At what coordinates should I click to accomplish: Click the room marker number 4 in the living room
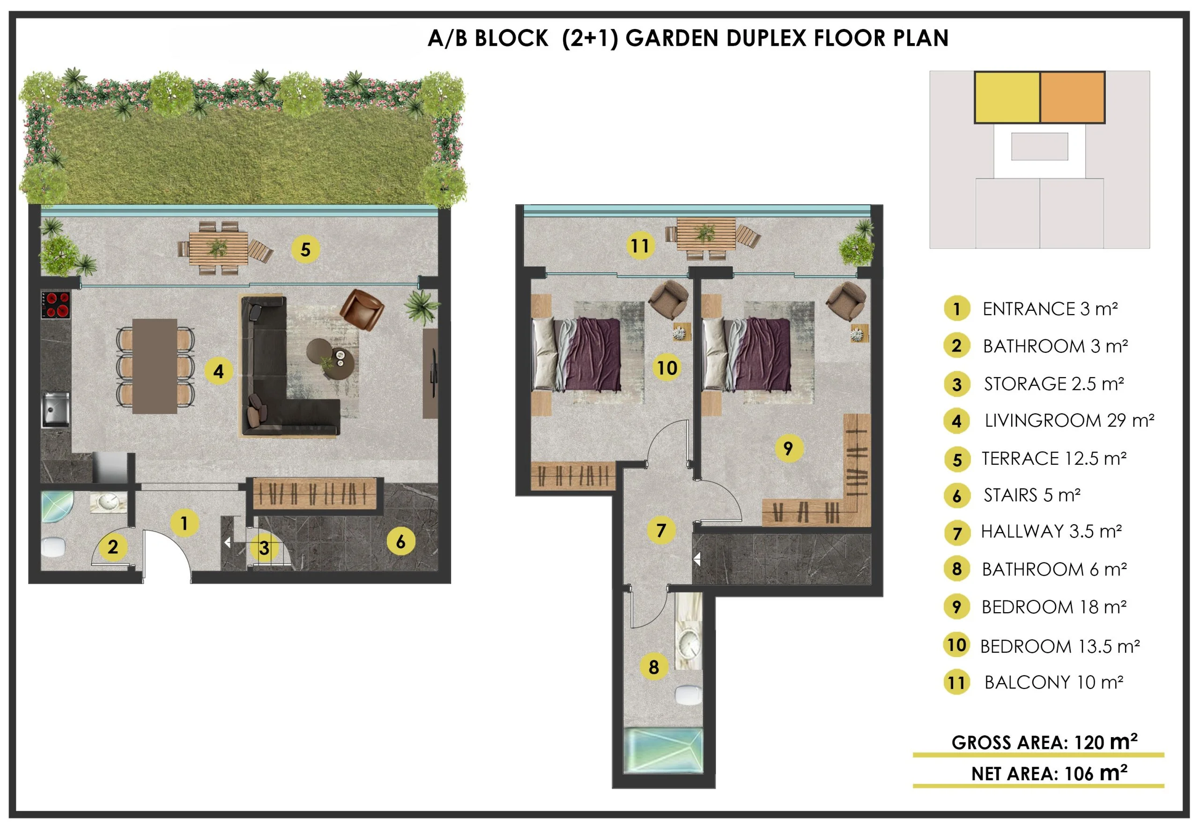point(218,371)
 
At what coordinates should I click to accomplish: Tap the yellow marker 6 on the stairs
point(401,542)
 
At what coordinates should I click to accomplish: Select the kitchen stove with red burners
point(55,305)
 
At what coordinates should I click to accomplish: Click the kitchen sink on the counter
point(55,410)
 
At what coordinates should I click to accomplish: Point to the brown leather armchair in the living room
point(362,309)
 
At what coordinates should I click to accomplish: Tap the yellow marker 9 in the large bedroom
point(788,448)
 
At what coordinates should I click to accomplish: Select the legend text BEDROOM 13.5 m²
point(1060,646)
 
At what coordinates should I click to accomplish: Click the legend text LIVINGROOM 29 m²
point(1069,420)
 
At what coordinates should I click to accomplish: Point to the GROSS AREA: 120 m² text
point(1044,742)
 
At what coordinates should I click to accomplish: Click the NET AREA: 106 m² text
point(1050,773)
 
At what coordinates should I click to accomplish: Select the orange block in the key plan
point(1073,97)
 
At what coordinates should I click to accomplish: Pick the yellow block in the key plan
point(1007,97)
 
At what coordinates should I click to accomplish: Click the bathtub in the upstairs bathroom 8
point(663,751)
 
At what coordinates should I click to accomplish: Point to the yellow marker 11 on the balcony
point(640,245)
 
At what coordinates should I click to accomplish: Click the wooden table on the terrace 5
point(218,249)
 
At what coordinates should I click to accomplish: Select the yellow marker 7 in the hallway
point(661,530)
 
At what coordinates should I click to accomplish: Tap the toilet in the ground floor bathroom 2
point(54,547)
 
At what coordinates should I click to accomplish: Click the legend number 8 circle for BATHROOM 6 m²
point(957,569)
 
